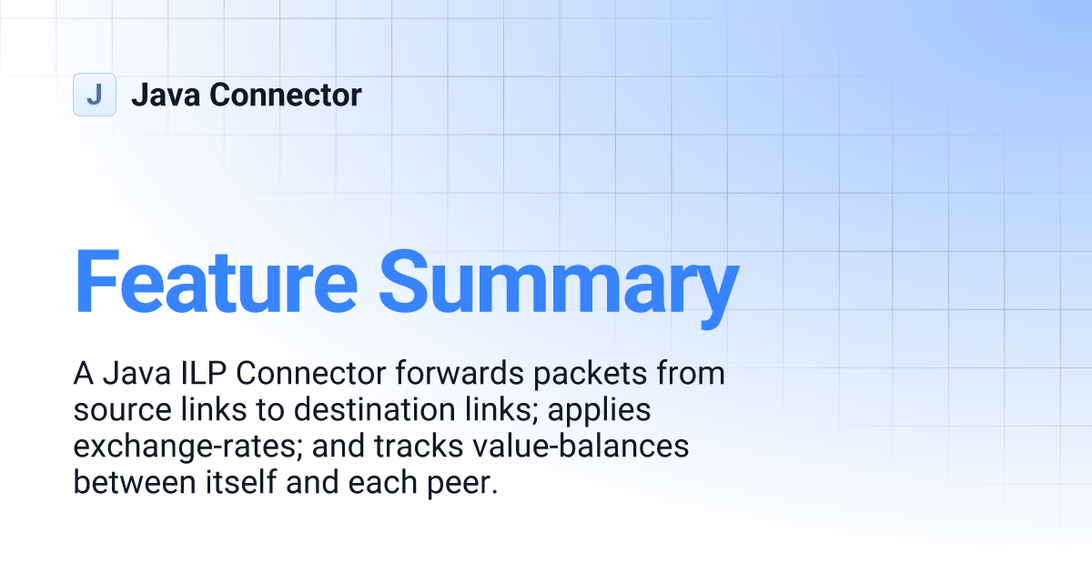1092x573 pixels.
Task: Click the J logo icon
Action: (x=94, y=95)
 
